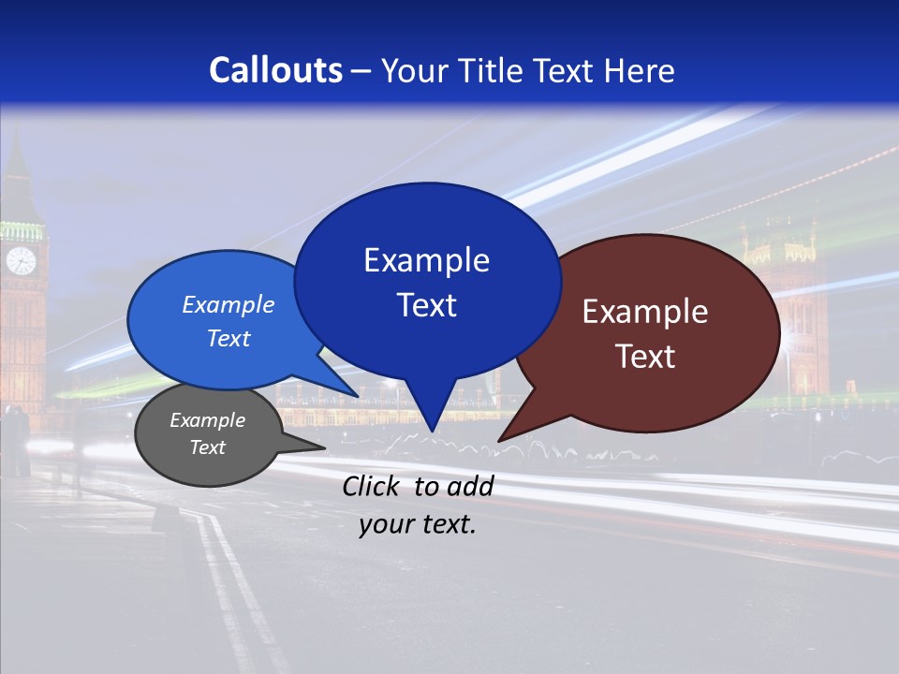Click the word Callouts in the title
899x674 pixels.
(275, 71)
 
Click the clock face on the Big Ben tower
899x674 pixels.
(21, 261)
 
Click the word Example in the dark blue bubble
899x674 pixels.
(426, 260)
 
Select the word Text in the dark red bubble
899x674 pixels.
(645, 357)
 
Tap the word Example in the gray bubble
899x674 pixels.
(207, 420)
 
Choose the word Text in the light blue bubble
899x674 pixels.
(228, 338)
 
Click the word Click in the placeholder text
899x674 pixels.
(372, 486)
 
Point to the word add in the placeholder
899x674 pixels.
(470, 486)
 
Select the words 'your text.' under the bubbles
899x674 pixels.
(417, 524)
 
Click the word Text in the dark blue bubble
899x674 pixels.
(426, 305)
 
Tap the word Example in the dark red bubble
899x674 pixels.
(645, 312)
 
